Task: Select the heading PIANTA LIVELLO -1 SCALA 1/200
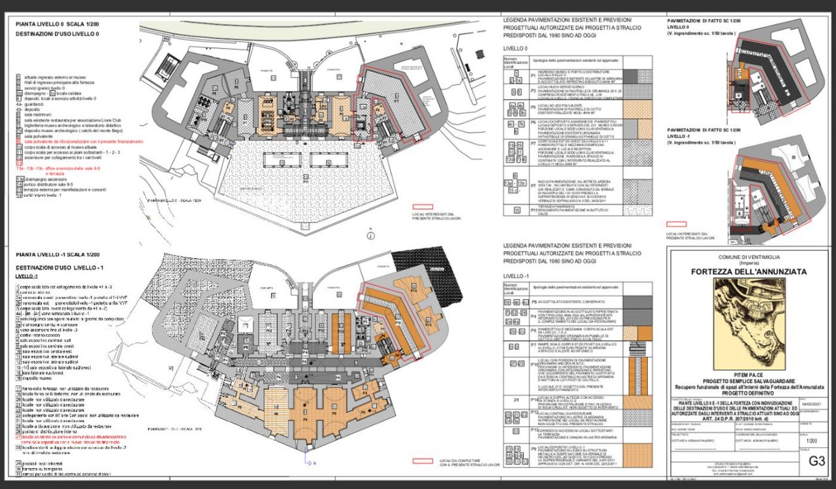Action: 59,254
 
